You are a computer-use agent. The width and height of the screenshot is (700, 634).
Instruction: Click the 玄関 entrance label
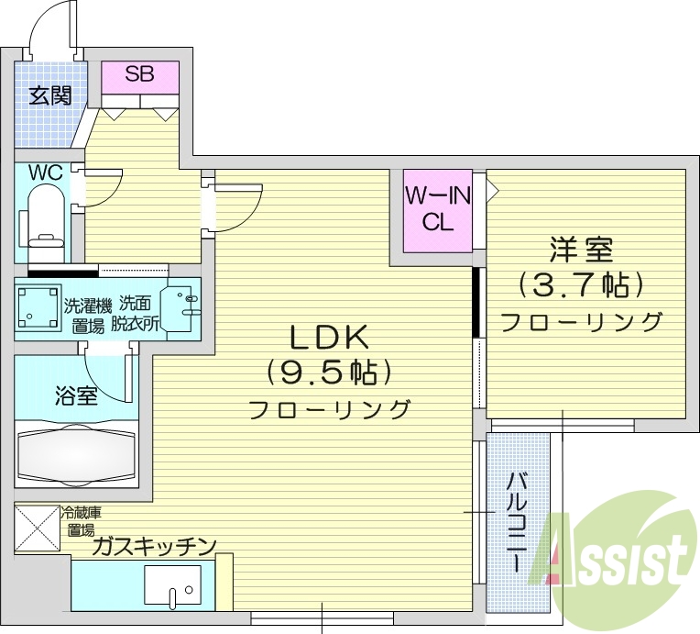[x=49, y=95]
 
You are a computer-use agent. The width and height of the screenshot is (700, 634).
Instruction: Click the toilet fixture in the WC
[x=43, y=216]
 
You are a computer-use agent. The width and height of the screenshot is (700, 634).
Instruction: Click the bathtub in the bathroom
[x=76, y=453]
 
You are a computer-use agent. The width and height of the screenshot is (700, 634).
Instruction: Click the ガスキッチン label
[x=153, y=547]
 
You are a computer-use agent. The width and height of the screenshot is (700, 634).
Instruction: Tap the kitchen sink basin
[x=172, y=584]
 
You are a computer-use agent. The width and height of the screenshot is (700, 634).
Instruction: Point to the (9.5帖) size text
[x=329, y=373]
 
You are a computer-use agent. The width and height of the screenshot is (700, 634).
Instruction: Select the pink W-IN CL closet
[x=438, y=210]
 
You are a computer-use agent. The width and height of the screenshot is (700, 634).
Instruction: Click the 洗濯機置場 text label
[x=86, y=313]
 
